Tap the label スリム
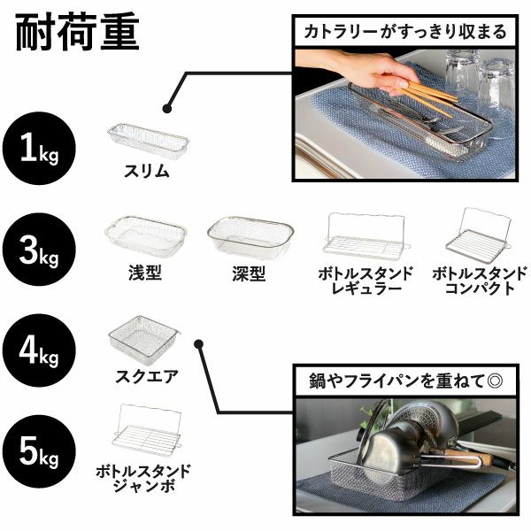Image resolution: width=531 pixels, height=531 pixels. coord(147,173)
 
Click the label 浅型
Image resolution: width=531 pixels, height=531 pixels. coord(145,274)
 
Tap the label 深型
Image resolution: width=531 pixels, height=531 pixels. coord(250,274)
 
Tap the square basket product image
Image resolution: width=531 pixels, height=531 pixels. coord(143,336)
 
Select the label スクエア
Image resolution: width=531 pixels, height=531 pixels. coord(147,375)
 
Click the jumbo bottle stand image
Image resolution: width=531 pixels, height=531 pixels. coord(143,429)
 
